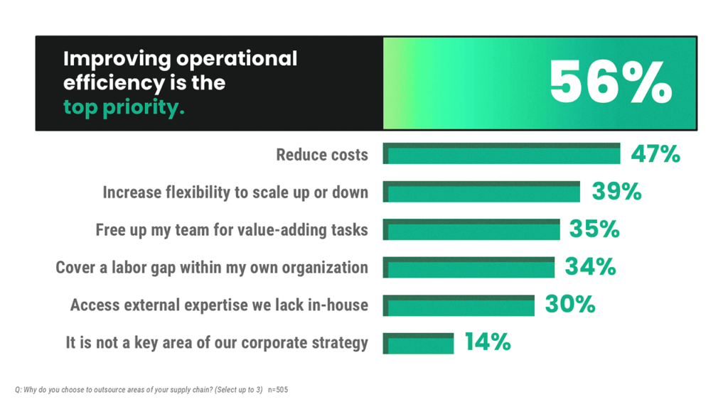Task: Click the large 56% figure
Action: tap(610, 83)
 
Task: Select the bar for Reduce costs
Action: tap(501, 153)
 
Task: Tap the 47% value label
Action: tap(655, 153)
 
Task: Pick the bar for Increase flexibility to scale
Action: tap(481, 192)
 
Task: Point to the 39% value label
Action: tap(616, 192)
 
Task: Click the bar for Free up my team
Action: tap(476, 229)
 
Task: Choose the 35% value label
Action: tap(594, 229)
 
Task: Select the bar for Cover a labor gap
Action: tap(469, 267)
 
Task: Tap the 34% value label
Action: tap(590, 267)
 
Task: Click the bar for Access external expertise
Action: tap(459, 305)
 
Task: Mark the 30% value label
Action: tap(570, 305)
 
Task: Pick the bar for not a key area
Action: tap(418, 343)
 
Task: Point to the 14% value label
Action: tap(488, 343)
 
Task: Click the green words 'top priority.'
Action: tap(124, 107)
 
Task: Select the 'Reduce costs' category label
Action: tap(322, 154)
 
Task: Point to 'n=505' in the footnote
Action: tap(278, 390)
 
